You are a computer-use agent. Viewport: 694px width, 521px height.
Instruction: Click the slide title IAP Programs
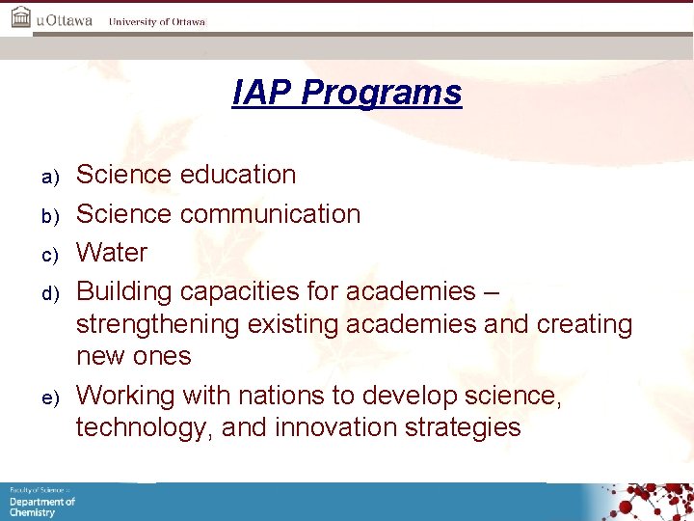coord(347,93)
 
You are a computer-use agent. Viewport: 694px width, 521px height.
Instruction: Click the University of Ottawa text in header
coord(156,21)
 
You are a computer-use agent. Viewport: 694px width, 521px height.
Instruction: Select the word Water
coord(112,253)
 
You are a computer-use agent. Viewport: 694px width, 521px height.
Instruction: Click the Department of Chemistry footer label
coord(41,506)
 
